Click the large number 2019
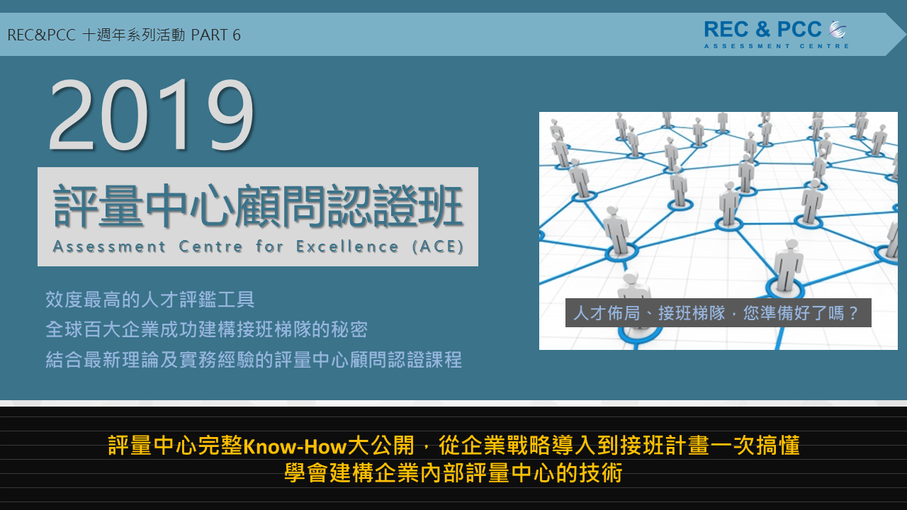tap(152, 115)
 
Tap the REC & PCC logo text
tap(763, 30)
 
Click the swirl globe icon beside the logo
tap(838, 29)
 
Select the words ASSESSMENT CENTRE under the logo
tap(776, 46)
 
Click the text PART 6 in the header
tap(216, 35)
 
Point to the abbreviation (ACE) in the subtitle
tap(438, 246)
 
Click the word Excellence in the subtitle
tap(347, 246)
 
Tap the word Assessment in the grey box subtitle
tap(109, 246)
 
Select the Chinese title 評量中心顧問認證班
tap(259, 205)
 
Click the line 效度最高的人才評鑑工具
tap(150, 300)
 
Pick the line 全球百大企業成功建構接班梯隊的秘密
tap(206, 329)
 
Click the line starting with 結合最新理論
tap(254, 359)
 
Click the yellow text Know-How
tap(294, 446)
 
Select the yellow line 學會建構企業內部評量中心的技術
tap(453, 472)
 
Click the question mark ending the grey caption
tap(854, 313)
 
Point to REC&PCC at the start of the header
tap(41, 35)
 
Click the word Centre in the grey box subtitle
tap(211, 246)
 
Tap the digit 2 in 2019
tap(73, 115)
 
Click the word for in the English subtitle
tap(269, 246)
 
